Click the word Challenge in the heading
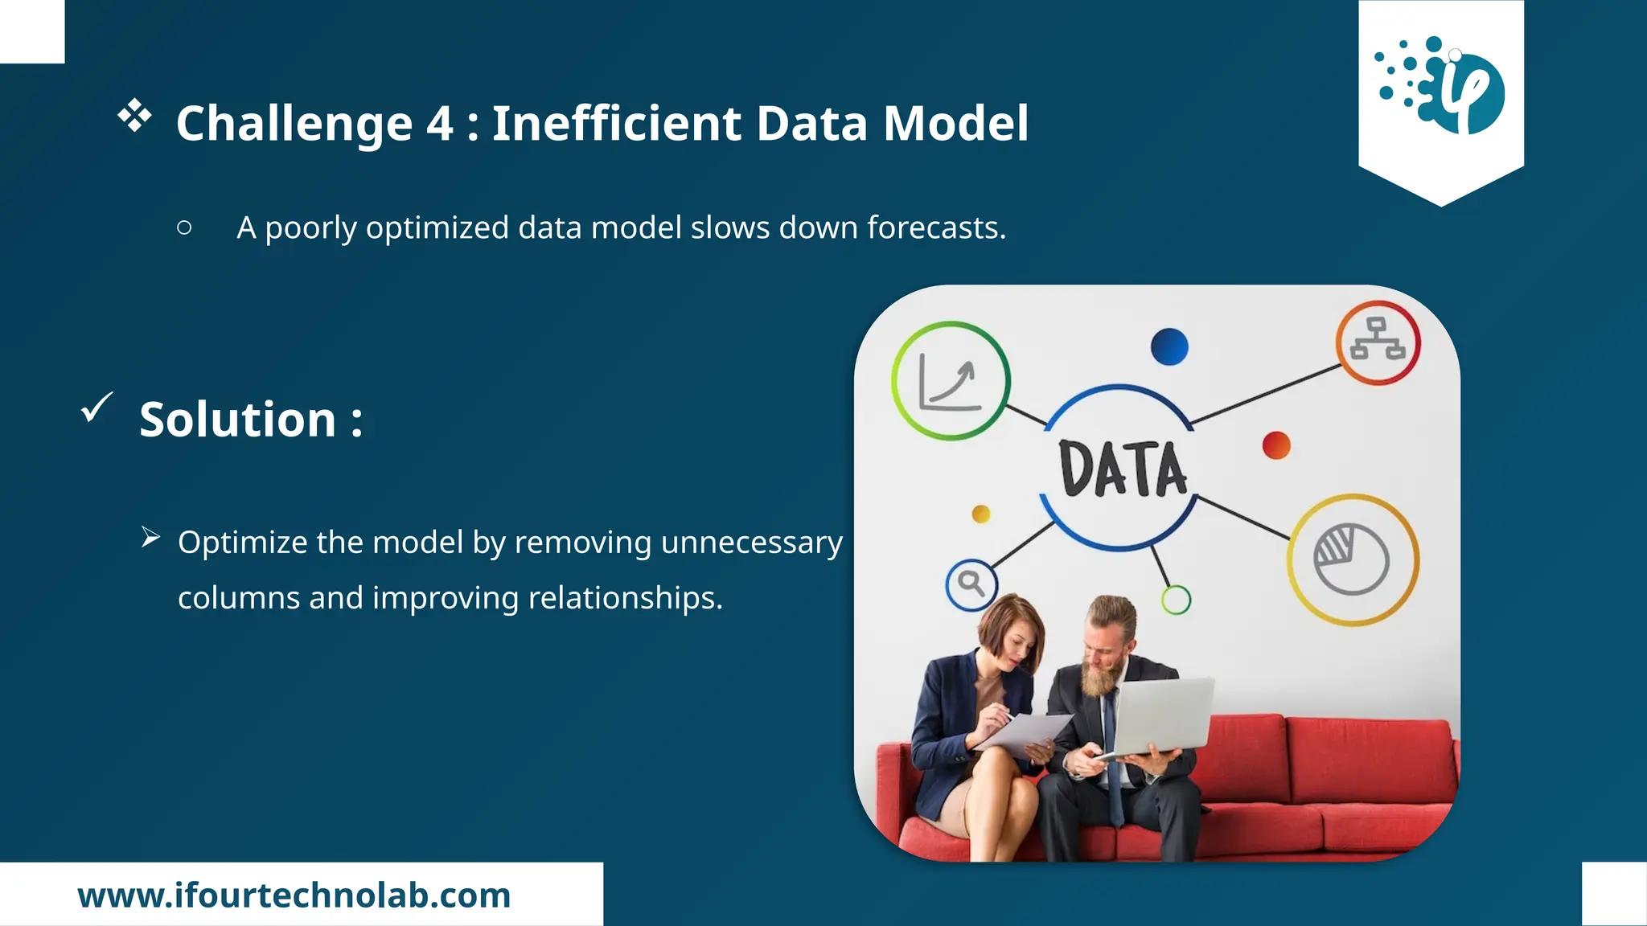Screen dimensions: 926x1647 pos(294,124)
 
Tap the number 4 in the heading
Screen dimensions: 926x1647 pos(439,124)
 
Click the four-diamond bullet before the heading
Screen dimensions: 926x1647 pos(134,116)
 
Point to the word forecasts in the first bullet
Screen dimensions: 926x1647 pos(935,228)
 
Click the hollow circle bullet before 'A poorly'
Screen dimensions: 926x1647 pos(184,228)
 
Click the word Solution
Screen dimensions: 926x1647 pos(238,420)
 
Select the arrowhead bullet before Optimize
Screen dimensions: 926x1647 pos(150,537)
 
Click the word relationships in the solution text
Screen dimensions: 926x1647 pos(625,598)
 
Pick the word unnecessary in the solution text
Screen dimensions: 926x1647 pos(751,543)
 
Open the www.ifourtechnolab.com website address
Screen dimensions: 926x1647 pos(294,895)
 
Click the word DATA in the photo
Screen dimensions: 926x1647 pos(1122,469)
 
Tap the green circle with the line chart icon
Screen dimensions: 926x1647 pos(950,381)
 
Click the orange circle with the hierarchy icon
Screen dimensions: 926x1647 pos(1378,342)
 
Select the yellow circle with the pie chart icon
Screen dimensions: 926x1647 pos(1353,559)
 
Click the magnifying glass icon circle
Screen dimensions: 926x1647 pos(971,584)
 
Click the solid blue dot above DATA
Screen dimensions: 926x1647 pos(1169,346)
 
